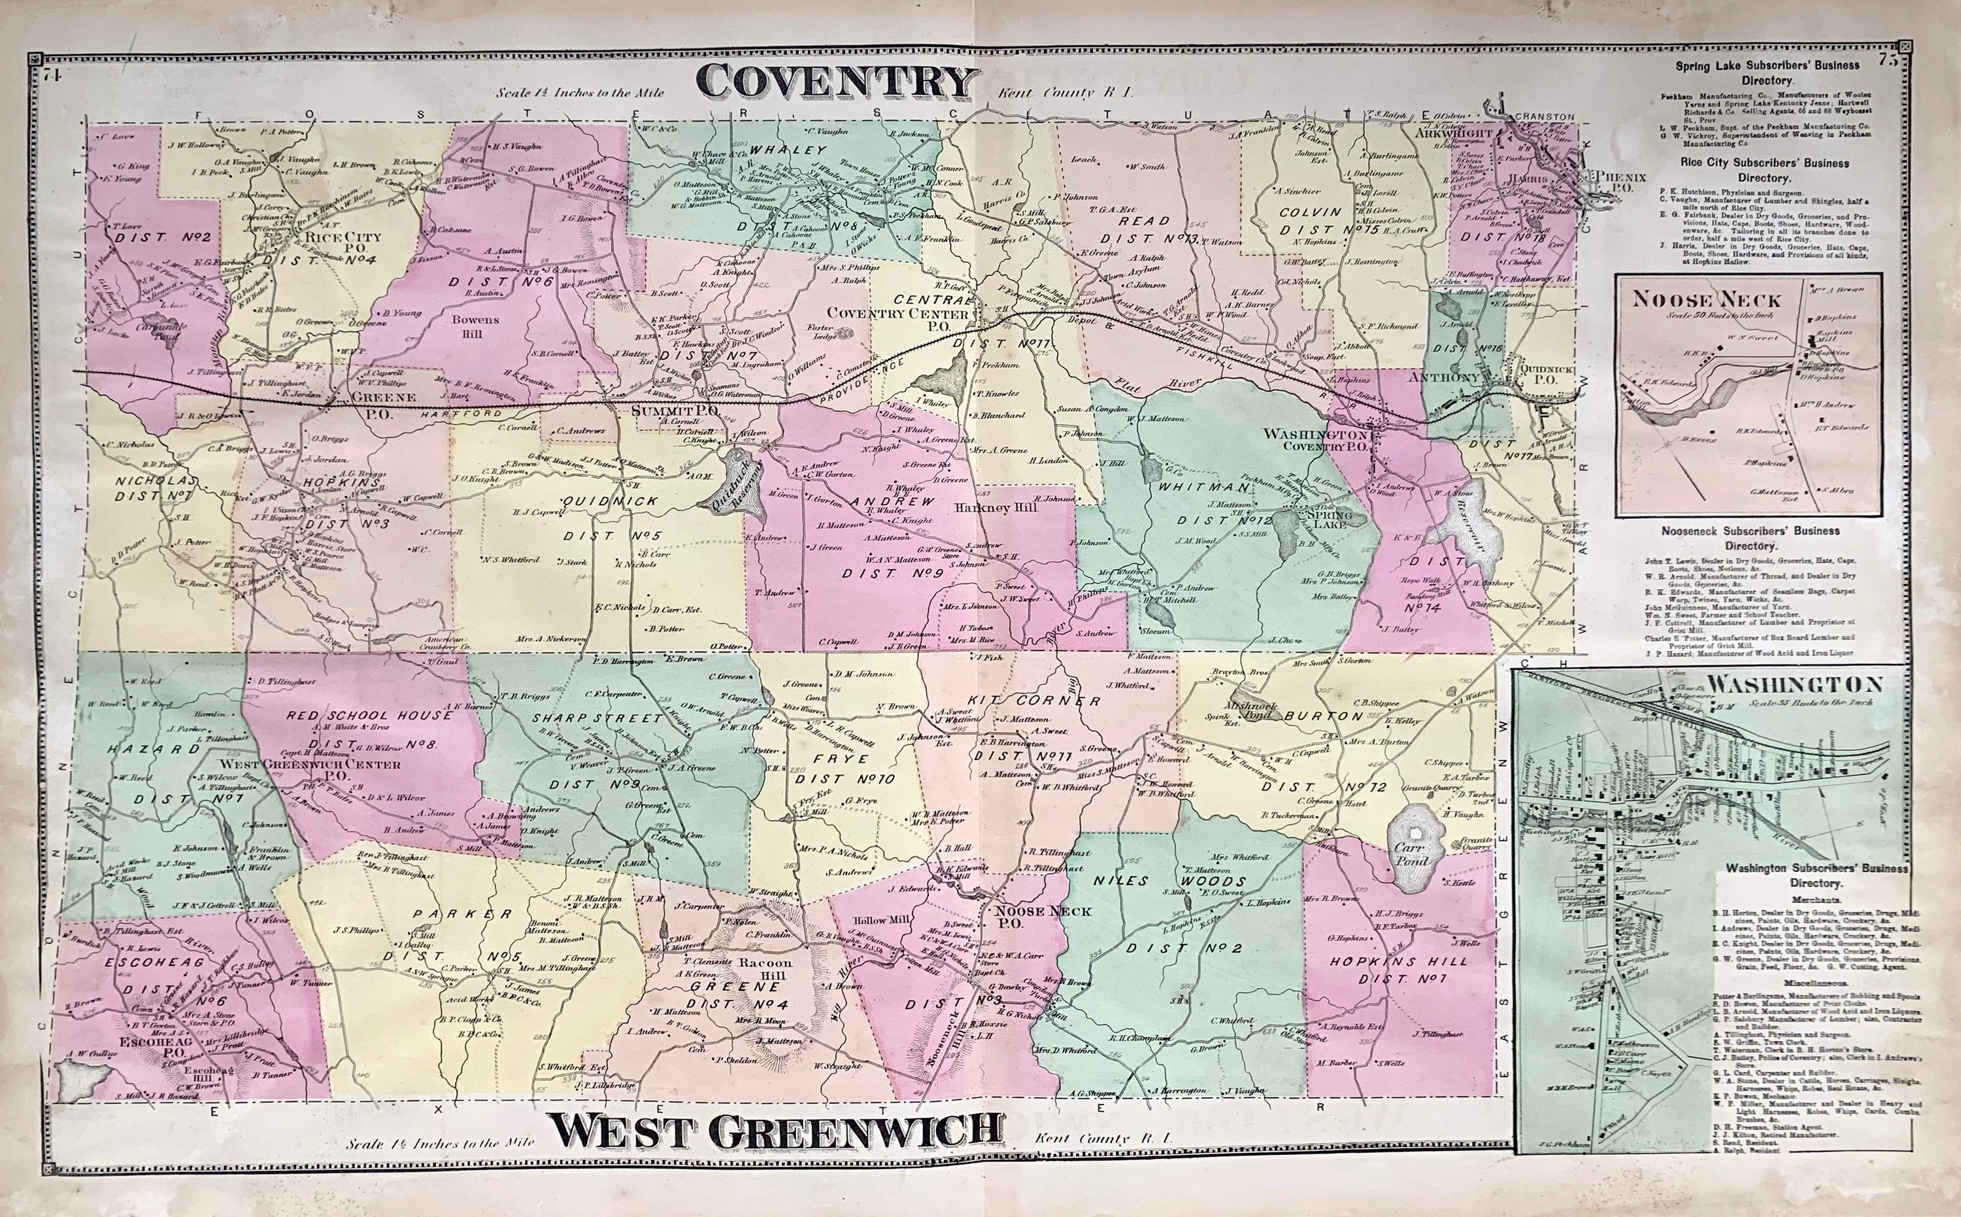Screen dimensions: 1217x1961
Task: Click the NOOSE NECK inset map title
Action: coord(1706,299)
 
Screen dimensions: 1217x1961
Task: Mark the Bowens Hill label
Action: coord(475,325)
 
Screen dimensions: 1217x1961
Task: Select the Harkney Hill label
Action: coord(994,507)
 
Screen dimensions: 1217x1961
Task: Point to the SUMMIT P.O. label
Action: coord(675,410)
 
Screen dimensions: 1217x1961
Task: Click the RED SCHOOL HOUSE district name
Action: coord(369,715)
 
